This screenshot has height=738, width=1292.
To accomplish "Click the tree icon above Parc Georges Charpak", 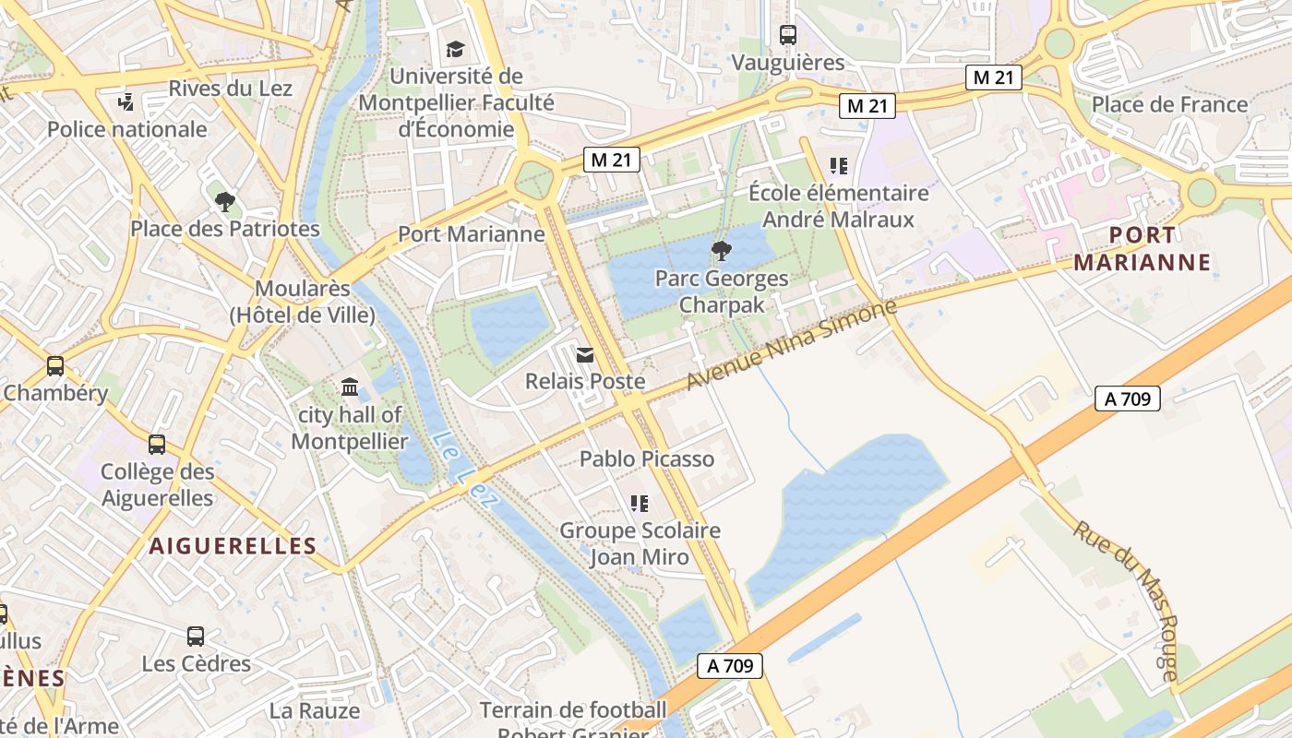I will tap(722, 250).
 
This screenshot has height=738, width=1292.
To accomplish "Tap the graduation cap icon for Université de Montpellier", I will tap(455, 49).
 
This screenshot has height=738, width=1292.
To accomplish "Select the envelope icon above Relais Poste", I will tap(584, 354).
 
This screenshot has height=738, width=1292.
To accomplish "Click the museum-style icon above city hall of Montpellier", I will tap(350, 387).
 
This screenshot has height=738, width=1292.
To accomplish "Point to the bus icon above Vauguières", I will tap(787, 35).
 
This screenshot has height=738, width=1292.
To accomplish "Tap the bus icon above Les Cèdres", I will tap(196, 636).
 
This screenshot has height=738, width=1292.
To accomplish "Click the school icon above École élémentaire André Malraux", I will tap(838, 166).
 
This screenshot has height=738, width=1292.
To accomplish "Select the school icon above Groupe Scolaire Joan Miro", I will tap(639, 503).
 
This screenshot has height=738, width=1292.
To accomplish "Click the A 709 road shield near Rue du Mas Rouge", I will tap(1127, 399).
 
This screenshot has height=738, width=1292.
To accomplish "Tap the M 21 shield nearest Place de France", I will tap(993, 78).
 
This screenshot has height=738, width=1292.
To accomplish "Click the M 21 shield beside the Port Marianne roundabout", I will tap(612, 160).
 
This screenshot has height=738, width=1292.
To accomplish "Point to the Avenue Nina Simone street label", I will tap(792, 344).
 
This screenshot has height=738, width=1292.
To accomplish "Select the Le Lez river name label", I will tap(465, 470).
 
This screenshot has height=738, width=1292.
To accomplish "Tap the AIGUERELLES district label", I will tap(233, 546).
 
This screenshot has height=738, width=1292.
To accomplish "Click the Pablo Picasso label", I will tap(647, 458).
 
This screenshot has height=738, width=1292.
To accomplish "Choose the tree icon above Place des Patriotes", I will tap(224, 201).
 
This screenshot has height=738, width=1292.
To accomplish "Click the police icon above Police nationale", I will tap(126, 101).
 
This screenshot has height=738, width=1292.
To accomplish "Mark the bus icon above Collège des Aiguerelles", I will tap(157, 445).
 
